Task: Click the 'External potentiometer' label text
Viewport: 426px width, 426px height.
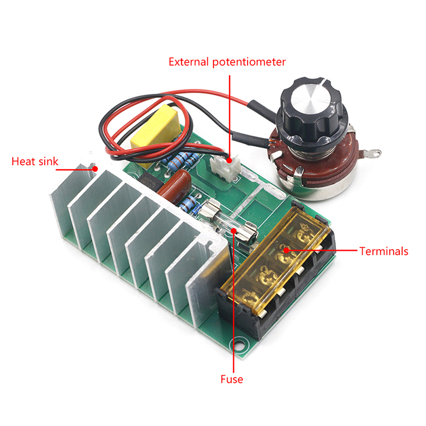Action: [227, 62]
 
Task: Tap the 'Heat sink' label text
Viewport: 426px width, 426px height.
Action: [35, 161]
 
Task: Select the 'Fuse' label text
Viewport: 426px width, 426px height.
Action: [232, 379]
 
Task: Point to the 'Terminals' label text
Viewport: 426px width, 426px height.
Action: [383, 251]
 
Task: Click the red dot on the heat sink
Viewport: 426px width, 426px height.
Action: [95, 169]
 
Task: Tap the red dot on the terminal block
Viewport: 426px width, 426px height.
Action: [286, 250]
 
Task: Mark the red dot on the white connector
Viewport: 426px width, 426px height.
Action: [230, 160]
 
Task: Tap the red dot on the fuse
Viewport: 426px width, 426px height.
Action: [234, 231]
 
